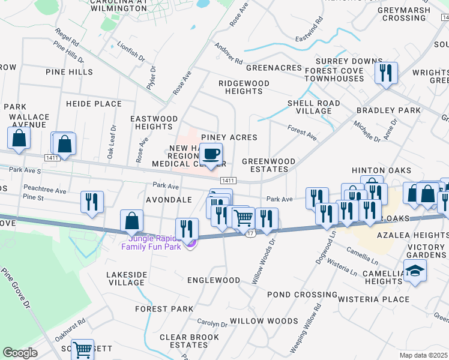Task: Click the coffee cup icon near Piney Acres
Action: [211, 154]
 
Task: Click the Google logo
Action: [20, 352]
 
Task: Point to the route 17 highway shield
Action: [250, 232]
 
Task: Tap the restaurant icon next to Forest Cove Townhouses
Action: [384, 73]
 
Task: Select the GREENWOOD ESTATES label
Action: [268, 166]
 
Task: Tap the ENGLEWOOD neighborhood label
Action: [214, 280]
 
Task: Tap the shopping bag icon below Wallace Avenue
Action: [19, 138]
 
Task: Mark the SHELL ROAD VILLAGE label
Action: [309, 107]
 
